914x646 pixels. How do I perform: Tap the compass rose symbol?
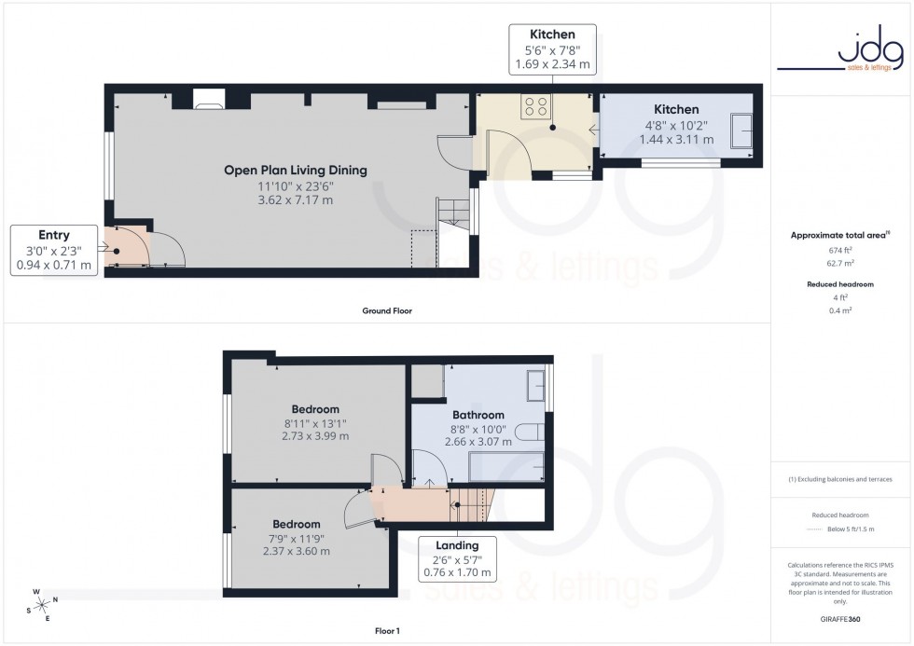point(39,604)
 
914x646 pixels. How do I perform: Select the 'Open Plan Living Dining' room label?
point(295,171)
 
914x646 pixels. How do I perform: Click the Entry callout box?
point(54,250)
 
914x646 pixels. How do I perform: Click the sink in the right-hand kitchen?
point(743,131)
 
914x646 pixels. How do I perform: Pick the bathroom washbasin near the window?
point(536,384)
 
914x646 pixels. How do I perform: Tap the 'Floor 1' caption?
point(385,631)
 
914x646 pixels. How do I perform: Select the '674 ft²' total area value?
point(841,251)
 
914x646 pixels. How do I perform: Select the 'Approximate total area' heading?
point(839,235)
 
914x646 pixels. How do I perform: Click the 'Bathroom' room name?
point(478,415)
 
